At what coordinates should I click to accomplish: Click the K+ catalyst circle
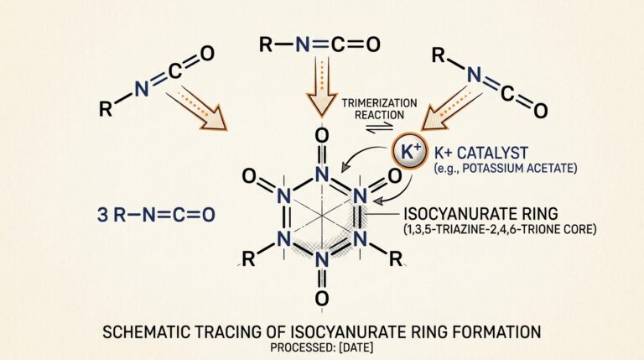[x=408, y=152]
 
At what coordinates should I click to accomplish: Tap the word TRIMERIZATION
[x=380, y=102]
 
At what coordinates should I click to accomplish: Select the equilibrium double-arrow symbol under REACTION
[x=380, y=128]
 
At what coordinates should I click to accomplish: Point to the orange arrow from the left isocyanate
[x=196, y=108]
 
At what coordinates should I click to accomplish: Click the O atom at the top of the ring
[x=322, y=136]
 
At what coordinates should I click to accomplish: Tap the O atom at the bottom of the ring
[x=322, y=298]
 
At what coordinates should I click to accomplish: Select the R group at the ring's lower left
[x=248, y=259]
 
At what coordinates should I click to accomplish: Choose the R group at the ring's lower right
[x=396, y=259]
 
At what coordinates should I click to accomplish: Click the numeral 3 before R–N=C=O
[x=102, y=215]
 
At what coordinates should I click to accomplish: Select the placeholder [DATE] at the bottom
[x=356, y=347]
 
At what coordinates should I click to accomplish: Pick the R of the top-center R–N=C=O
[x=266, y=44]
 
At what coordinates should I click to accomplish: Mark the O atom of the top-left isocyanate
[x=207, y=54]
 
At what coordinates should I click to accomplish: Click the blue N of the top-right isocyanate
[x=474, y=75]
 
